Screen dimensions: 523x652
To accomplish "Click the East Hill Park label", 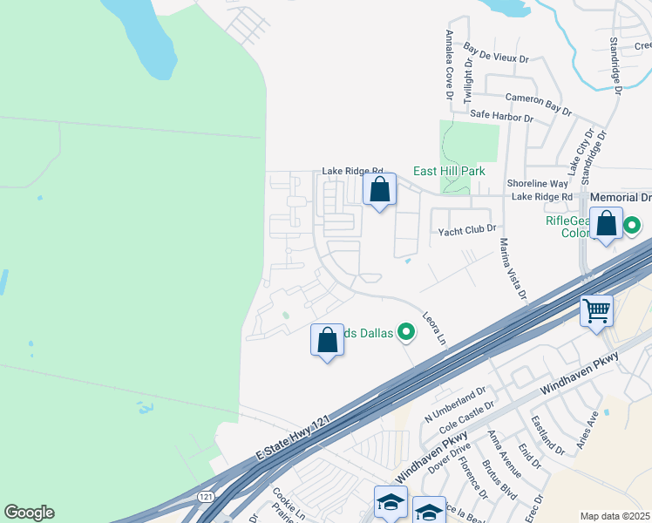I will [449, 172].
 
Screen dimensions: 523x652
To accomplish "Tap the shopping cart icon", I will [597, 310].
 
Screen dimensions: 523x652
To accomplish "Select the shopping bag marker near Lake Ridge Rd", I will [379, 188].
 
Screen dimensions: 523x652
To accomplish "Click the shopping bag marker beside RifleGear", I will [607, 223].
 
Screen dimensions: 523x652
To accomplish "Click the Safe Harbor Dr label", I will [501, 115].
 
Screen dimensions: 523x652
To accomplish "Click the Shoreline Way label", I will [537, 184].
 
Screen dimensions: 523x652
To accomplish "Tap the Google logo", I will [29, 513].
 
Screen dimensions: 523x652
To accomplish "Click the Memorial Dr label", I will [621, 198].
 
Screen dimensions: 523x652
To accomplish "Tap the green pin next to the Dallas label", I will [405, 331].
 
